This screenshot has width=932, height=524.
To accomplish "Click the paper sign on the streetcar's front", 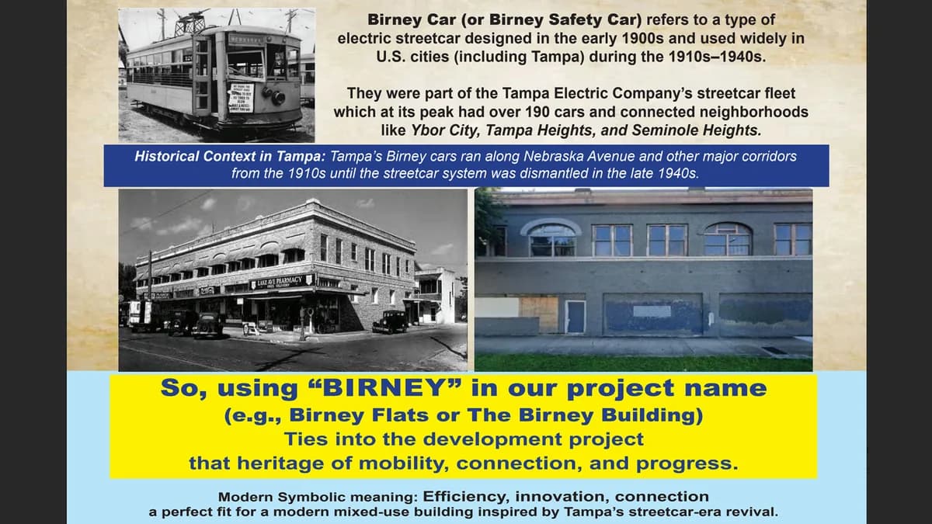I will point(241,99).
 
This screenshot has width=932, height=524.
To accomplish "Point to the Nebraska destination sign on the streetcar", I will point(251,39).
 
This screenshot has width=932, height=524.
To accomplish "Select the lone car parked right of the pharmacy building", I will point(389,321).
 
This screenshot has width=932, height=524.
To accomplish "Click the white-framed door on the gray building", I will point(575,316).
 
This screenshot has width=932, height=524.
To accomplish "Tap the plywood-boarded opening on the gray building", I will point(539,314).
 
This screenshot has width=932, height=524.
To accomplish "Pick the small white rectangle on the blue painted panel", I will point(652,311).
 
